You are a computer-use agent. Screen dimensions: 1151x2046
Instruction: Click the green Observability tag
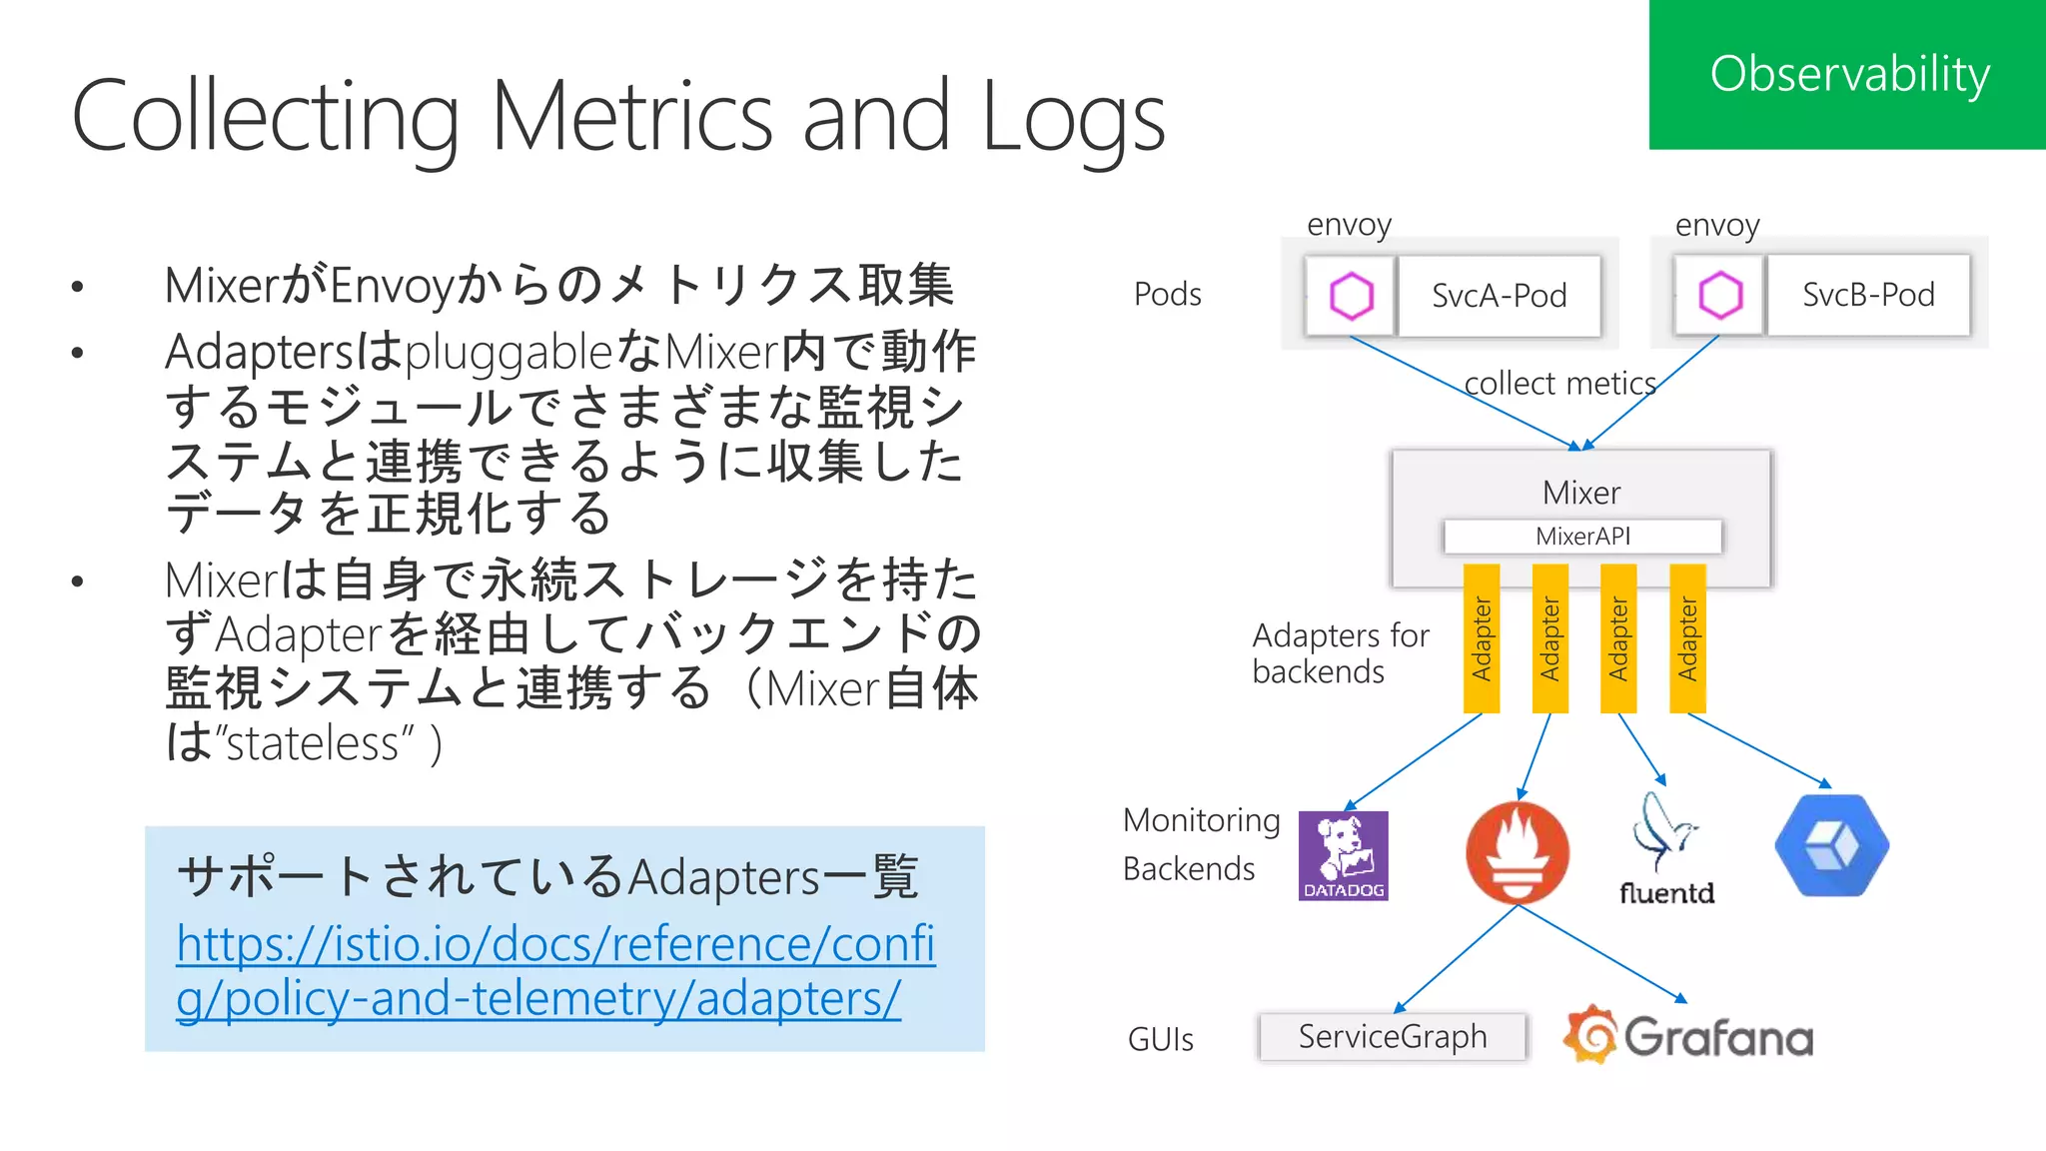(1847, 75)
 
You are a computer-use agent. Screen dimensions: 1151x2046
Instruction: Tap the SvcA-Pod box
(1499, 296)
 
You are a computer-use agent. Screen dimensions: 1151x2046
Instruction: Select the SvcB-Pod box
(1868, 295)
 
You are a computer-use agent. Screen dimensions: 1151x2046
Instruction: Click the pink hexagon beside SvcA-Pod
(1351, 296)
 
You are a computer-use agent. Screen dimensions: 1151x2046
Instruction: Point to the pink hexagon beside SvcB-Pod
(1720, 295)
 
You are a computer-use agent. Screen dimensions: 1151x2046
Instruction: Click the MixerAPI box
(1582, 537)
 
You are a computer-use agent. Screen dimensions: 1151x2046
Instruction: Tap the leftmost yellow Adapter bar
(1482, 638)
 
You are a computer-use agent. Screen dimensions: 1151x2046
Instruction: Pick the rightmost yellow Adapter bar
(1687, 638)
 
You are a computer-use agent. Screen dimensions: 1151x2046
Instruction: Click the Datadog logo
(1343, 855)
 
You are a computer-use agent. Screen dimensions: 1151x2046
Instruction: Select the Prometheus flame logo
(1517, 852)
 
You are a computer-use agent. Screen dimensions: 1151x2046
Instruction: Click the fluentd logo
(1665, 850)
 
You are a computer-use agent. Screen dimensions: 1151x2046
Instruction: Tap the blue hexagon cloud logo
(1831, 845)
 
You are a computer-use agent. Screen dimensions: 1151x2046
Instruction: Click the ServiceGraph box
(1392, 1037)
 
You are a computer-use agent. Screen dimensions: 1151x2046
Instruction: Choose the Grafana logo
(1688, 1036)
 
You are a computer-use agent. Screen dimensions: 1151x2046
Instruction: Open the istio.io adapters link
(554, 970)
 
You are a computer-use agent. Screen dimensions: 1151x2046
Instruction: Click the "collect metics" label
(1559, 384)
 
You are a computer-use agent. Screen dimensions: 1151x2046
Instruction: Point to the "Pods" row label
(1167, 295)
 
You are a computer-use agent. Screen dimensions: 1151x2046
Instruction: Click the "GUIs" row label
(1160, 1040)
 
